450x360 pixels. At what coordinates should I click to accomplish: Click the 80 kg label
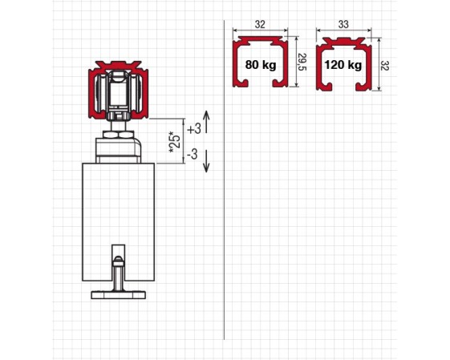[x=261, y=65]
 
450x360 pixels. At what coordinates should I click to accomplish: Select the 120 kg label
[x=343, y=65]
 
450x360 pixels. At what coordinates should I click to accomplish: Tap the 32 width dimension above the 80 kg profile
[x=260, y=24]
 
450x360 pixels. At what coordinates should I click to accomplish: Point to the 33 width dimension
[x=343, y=24]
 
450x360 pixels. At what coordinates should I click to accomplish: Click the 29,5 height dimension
[x=302, y=62]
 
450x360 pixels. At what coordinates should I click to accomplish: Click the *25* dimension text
[x=175, y=142]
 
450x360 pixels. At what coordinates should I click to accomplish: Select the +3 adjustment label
[x=194, y=129]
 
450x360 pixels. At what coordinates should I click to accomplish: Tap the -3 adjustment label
[x=193, y=154]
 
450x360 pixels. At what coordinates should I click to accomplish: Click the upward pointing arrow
[x=207, y=122]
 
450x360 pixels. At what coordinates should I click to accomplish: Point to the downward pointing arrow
[x=206, y=160]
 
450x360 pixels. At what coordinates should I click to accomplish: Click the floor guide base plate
[x=119, y=295]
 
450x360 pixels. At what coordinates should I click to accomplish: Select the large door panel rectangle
[x=119, y=222]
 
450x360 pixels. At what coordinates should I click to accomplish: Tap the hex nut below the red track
[x=118, y=134]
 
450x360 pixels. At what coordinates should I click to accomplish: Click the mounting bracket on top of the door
[x=118, y=150]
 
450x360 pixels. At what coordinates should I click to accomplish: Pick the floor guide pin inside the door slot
[x=118, y=273]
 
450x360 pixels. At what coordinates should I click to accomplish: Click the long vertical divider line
[x=224, y=180]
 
